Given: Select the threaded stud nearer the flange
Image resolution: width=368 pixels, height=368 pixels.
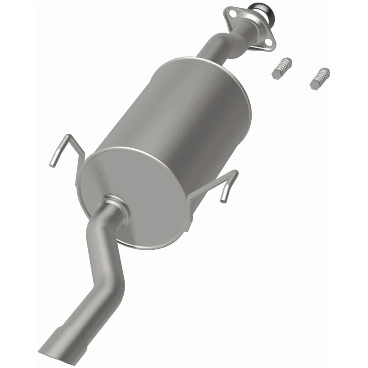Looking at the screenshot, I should point(281,68).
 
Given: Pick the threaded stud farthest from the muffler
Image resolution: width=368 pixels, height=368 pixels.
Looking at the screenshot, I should point(320,78).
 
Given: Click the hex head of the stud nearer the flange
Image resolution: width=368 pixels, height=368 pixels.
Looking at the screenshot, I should point(276,74).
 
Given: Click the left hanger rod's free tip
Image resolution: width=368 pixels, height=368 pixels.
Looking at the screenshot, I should point(53,164).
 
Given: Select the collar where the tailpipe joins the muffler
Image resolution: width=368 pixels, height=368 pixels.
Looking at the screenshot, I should point(113,207).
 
